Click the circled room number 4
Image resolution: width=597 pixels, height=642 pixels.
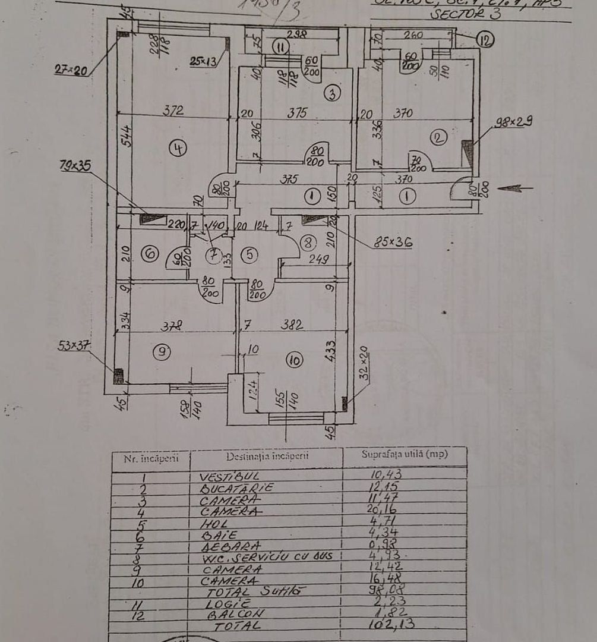[x=177, y=147]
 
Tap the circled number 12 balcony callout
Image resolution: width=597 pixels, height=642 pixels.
[x=485, y=40]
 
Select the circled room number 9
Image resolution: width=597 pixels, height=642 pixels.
[x=161, y=352]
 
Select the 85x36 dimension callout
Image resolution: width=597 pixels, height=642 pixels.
[x=393, y=242]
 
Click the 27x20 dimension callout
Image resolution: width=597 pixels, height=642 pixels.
[x=71, y=70]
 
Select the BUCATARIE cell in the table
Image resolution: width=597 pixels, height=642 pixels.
[x=236, y=487]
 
